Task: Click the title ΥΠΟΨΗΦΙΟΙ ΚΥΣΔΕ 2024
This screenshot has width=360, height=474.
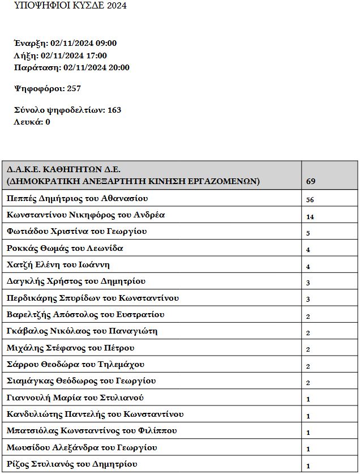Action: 70,6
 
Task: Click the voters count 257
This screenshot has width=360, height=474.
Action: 74,89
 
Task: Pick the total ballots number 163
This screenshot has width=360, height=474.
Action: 112,110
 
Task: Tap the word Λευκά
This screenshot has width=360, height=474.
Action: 27,122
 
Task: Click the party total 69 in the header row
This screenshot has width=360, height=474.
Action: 311,182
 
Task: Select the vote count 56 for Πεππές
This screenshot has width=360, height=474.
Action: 310,199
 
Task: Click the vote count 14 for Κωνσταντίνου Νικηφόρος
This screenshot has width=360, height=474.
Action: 310,216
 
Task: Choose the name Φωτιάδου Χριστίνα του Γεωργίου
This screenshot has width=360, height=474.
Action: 76,232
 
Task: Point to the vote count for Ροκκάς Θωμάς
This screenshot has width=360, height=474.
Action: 308,250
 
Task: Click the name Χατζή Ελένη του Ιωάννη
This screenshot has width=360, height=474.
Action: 58,265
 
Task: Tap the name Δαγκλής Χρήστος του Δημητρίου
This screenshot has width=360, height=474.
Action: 76,281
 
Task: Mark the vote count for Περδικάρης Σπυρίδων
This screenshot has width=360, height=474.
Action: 308,300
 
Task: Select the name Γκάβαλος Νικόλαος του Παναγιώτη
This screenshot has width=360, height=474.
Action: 82,331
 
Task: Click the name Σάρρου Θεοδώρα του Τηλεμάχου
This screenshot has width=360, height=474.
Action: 75,364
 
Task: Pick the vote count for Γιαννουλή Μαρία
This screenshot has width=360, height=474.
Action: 308,399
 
